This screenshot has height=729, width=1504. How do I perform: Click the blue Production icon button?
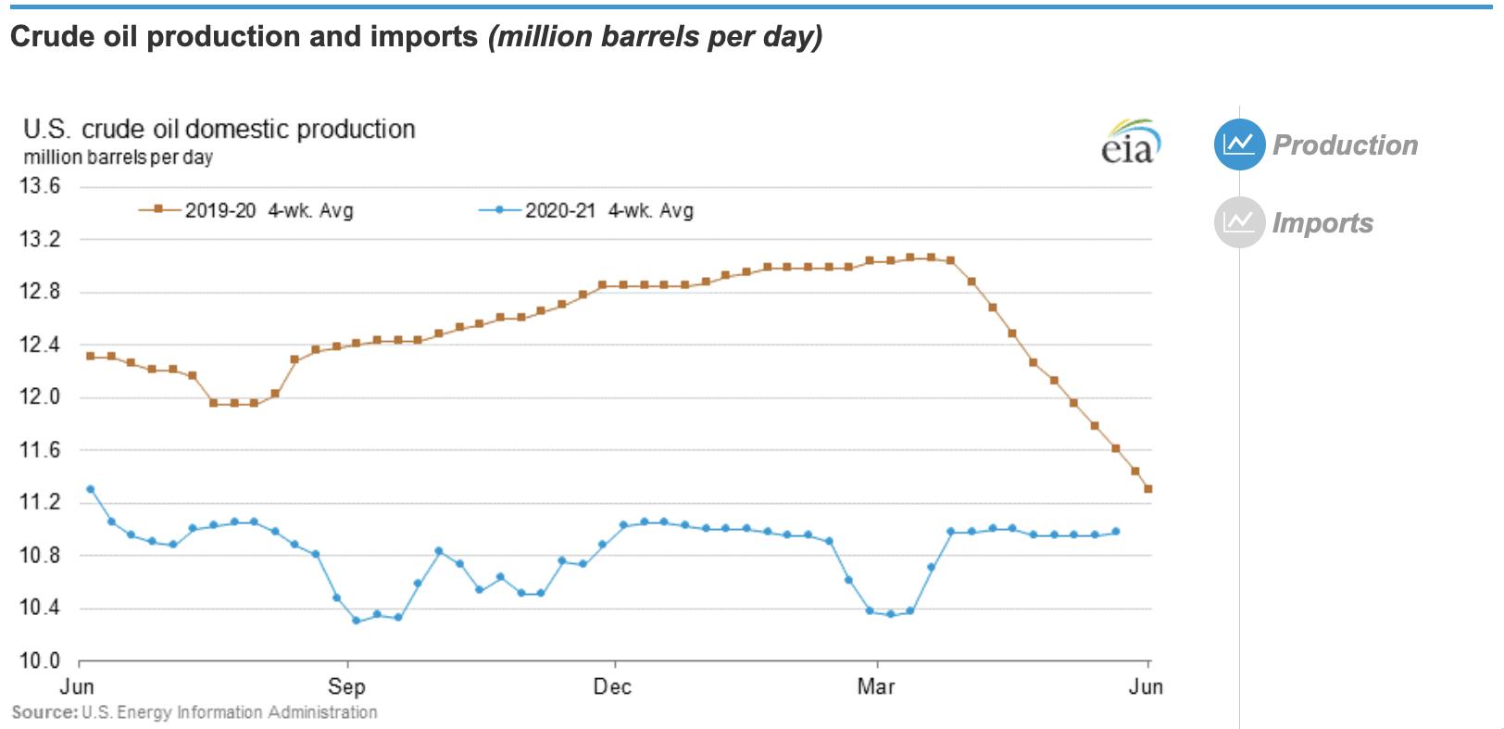(x=1238, y=145)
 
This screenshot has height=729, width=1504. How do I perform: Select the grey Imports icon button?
(x=1238, y=222)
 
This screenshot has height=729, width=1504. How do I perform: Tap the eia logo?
(x=1129, y=143)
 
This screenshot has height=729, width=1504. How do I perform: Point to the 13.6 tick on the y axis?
(x=41, y=186)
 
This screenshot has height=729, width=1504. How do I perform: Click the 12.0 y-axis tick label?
(x=41, y=397)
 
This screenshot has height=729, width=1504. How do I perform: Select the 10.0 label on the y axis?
(x=41, y=661)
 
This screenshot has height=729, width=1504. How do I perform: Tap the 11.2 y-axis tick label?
(x=41, y=502)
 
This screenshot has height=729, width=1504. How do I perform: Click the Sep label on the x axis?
(x=346, y=686)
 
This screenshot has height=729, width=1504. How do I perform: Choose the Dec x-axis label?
(x=612, y=686)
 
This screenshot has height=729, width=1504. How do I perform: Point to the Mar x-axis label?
(x=875, y=686)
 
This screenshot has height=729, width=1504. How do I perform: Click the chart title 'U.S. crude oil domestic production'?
(x=219, y=129)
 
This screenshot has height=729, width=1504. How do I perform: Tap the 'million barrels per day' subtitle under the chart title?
(x=119, y=157)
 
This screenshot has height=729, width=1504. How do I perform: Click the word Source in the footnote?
(x=44, y=712)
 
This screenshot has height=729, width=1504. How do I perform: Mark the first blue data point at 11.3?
(x=90, y=489)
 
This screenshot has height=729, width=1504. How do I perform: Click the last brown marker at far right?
(x=1148, y=489)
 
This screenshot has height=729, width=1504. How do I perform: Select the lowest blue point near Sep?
(x=356, y=620)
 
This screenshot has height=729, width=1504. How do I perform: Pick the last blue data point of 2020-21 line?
(x=1115, y=532)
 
